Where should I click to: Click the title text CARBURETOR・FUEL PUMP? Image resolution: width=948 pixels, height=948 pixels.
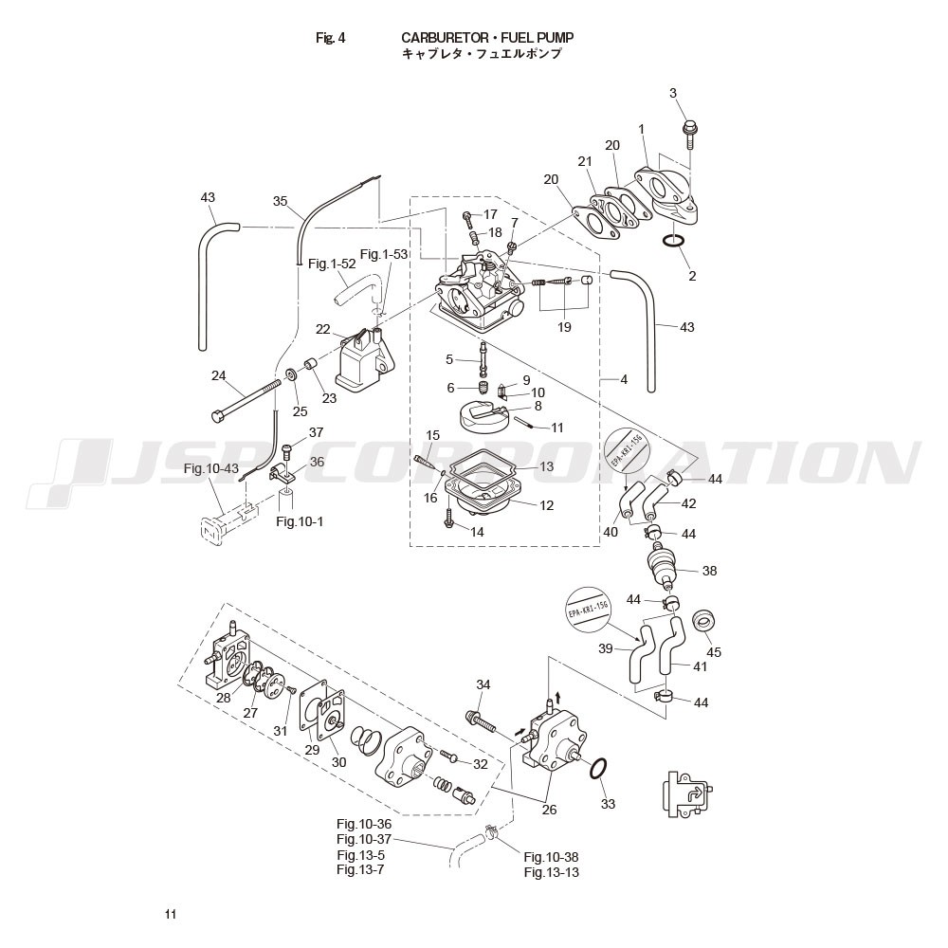point(487,37)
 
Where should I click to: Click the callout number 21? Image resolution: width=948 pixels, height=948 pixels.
point(585,162)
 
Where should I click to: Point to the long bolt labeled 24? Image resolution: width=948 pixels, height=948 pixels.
point(248,399)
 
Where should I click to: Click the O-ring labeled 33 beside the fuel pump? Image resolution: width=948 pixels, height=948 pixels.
point(597,769)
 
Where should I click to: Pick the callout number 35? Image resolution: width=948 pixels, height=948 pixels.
point(280,201)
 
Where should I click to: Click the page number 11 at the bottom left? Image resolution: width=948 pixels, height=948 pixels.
point(170,914)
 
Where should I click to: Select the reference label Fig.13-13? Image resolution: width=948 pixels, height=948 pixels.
point(551,872)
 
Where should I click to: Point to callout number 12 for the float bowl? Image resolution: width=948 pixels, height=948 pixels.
point(546,505)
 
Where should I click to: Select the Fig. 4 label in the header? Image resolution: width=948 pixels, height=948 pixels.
point(331,38)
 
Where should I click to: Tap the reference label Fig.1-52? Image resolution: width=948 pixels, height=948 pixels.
point(331,264)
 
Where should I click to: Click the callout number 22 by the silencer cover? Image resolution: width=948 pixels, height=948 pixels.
point(323,329)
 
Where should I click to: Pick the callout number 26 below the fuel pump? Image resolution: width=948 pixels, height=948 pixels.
point(549,809)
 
